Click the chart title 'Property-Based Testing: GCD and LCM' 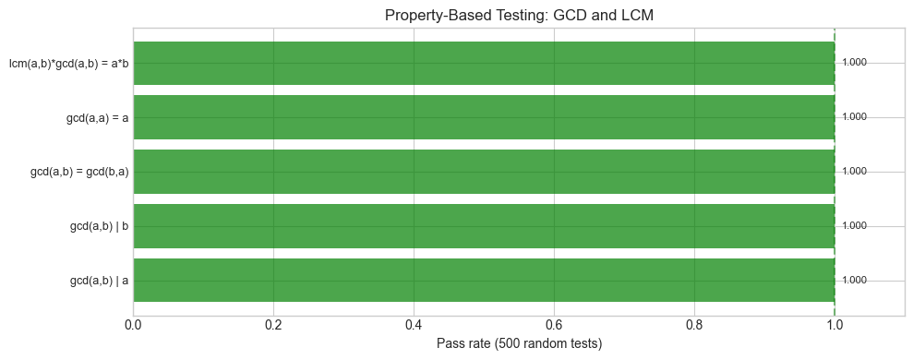tap(519, 16)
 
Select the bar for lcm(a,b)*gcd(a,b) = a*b tap(484, 63)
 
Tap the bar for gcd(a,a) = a tap(484, 117)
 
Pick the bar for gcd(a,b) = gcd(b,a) tap(484, 172)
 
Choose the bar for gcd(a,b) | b tap(484, 226)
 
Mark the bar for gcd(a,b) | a tap(484, 281)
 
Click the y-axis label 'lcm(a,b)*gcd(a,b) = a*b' tap(68, 63)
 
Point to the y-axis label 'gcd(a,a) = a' tap(97, 117)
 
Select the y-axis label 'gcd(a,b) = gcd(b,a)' tap(79, 172)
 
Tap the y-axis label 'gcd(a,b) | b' tap(99, 226)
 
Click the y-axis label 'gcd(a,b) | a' tap(99, 281)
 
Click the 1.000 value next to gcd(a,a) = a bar tap(854, 117)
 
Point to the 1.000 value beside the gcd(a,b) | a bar tap(854, 281)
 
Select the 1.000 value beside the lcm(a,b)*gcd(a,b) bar tap(854, 63)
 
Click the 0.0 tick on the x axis tap(134, 325)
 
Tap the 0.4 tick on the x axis tap(414, 325)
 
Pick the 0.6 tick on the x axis tap(554, 325)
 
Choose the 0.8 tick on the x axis tap(694, 325)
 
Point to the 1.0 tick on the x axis tap(835, 325)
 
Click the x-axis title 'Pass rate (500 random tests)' tap(519, 344)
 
